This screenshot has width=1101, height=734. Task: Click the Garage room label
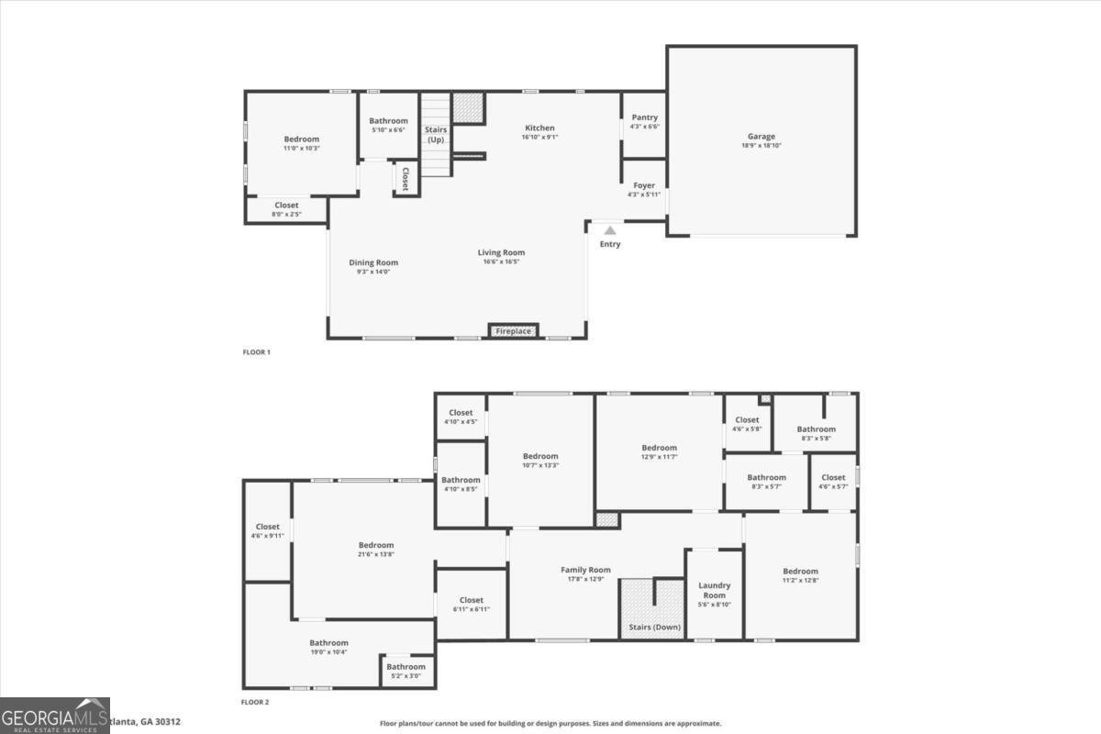tap(761, 137)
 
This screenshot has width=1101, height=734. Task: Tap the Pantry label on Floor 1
tap(644, 117)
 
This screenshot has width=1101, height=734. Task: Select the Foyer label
tap(644, 185)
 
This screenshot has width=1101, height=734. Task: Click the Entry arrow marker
tap(610, 231)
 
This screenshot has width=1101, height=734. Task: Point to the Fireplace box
tap(513, 330)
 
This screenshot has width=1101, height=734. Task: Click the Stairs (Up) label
tap(436, 134)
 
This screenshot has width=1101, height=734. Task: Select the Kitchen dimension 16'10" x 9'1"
tap(539, 138)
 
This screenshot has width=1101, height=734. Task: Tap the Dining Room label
tap(373, 262)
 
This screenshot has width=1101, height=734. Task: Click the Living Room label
tap(501, 252)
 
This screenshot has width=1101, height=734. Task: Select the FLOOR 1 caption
tap(256, 352)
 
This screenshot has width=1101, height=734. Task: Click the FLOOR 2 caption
tap(255, 702)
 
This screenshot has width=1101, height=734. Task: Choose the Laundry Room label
tap(714, 590)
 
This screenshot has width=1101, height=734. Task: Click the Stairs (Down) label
tap(654, 628)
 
